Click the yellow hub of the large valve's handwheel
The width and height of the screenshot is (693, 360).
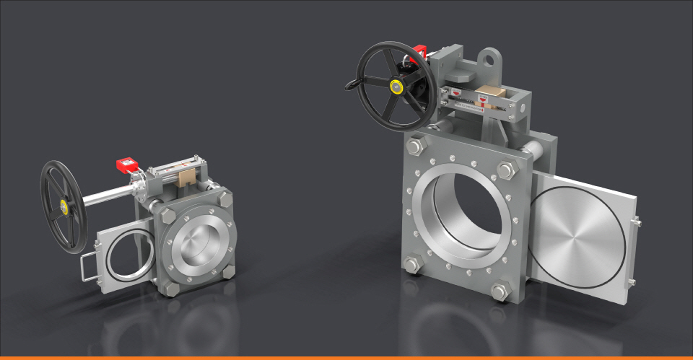point(396,87)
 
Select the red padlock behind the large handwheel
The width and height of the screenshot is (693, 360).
point(419,52)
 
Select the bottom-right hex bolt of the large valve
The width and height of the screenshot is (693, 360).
point(500,291)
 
